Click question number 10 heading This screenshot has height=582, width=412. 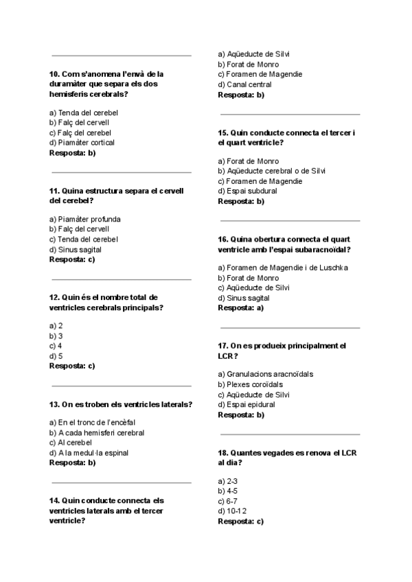(x=106, y=83)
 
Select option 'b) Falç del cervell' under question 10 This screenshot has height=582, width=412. (x=80, y=122)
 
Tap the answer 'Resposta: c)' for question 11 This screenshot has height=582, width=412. (x=72, y=259)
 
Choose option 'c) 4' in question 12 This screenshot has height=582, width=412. (x=56, y=346)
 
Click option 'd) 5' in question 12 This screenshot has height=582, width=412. (x=56, y=356)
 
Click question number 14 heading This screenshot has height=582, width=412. (x=106, y=511)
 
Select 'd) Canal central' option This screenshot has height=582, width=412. (x=244, y=84)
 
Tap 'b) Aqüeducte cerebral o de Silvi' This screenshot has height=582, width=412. (x=271, y=170)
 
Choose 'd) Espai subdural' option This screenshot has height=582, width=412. (x=247, y=191)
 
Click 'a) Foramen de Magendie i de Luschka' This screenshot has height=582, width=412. (x=283, y=267)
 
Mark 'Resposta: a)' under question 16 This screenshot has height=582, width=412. (x=240, y=308)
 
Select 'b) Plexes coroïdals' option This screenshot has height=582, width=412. (x=250, y=384)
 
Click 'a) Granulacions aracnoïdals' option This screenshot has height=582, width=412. (x=265, y=374)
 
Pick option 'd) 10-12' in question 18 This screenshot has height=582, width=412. (x=232, y=511)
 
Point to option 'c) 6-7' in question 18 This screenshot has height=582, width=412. (x=228, y=501)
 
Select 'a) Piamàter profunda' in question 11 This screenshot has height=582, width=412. (x=85, y=219)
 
